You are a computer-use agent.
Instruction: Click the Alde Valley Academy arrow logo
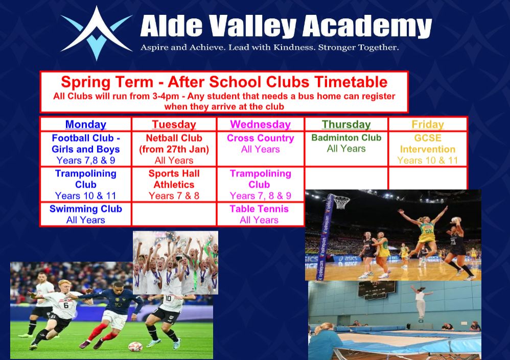pos(96,33)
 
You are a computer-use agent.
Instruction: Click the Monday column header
pos(86,124)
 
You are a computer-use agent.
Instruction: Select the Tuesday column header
pos(174,124)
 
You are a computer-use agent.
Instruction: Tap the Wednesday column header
pos(261,124)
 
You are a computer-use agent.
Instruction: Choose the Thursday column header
pos(346,124)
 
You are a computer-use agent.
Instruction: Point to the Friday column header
pos(428,124)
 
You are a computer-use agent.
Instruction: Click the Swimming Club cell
pos(86,214)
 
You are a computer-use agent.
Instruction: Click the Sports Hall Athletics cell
pos(174,185)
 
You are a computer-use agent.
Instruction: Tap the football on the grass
pos(135,346)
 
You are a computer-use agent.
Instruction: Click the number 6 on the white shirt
pos(66,305)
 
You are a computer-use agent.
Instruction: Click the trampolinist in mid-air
pos(421,302)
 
